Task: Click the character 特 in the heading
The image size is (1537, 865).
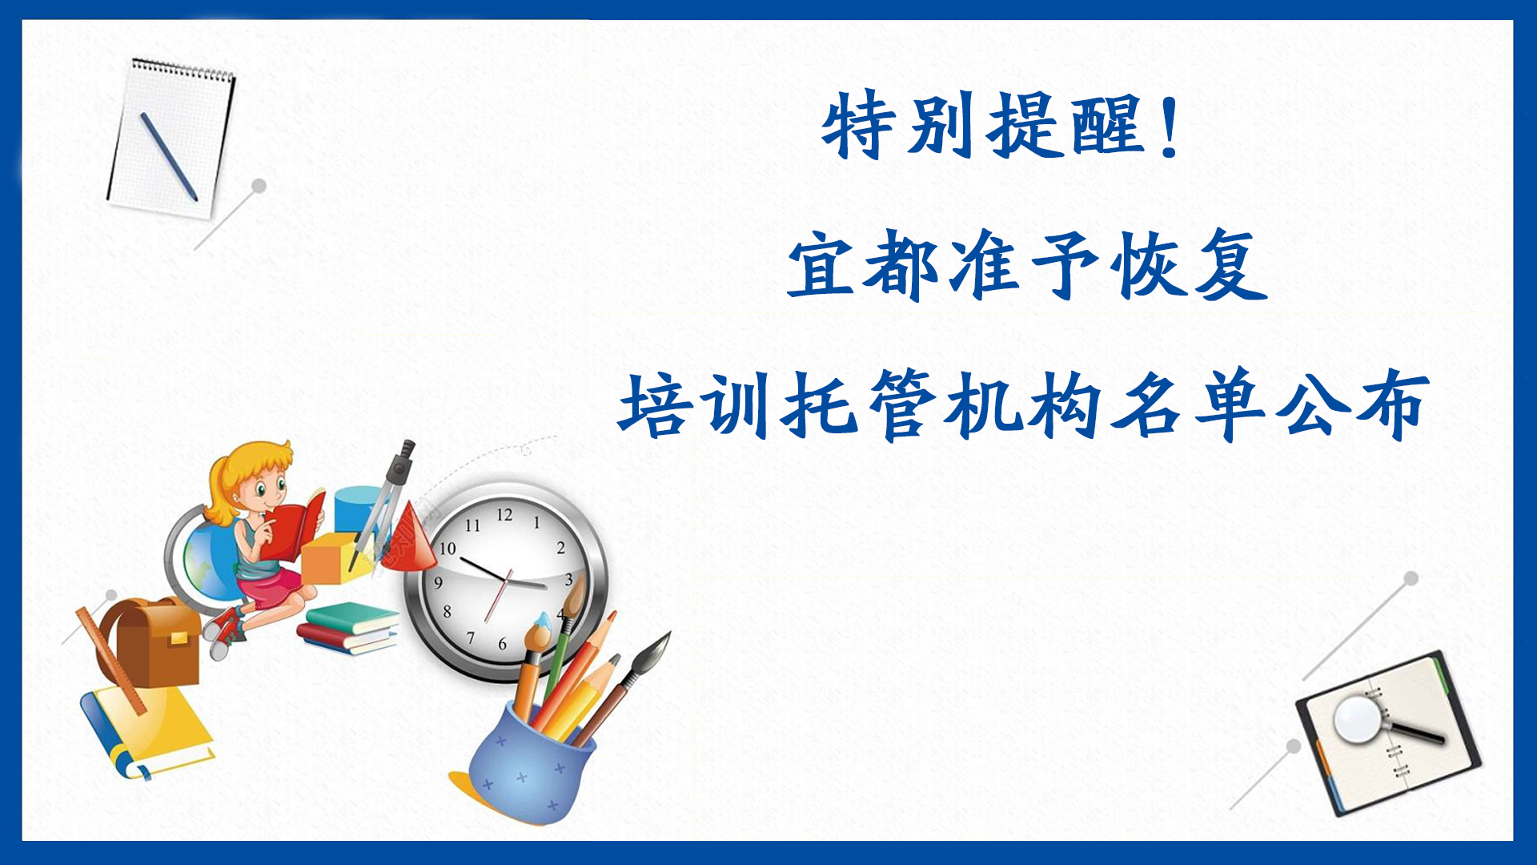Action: [858, 125]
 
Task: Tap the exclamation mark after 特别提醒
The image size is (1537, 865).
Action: [1170, 125]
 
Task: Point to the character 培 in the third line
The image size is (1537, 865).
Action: [654, 406]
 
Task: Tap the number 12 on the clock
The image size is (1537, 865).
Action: [504, 515]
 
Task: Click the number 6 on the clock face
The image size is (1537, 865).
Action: [502, 643]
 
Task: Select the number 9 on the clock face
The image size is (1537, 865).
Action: [438, 582]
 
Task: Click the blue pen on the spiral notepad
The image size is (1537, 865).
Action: [169, 156]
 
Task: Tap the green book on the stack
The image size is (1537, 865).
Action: [352, 618]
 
